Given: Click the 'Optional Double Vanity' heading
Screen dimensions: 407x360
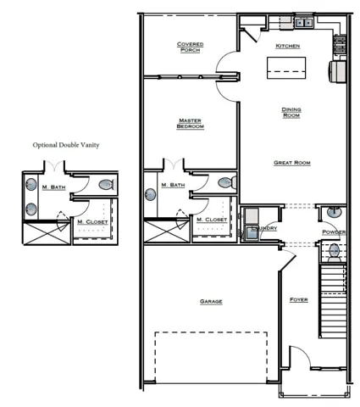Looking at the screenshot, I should (x=66, y=146).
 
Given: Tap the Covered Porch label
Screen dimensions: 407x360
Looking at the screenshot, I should (x=190, y=47).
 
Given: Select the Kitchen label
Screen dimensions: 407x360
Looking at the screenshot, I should (x=288, y=46).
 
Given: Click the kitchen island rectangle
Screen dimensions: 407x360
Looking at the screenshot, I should (x=287, y=67).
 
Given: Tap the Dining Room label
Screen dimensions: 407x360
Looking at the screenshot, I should (x=291, y=112).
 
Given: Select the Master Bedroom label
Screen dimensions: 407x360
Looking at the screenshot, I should (x=190, y=123).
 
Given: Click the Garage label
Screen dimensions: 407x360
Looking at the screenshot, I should (x=211, y=301).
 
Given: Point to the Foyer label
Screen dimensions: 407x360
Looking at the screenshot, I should (x=298, y=300).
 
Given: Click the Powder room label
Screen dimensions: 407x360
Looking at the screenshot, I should (x=334, y=231).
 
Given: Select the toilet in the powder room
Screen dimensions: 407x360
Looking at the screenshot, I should (x=335, y=250).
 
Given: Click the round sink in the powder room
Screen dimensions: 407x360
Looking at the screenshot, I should (x=333, y=212).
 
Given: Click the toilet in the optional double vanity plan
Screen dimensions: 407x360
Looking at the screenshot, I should (x=105, y=184).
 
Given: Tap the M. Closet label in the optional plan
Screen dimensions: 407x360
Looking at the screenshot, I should (x=91, y=223).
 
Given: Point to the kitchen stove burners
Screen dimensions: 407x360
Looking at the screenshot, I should (x=339, y=40).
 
